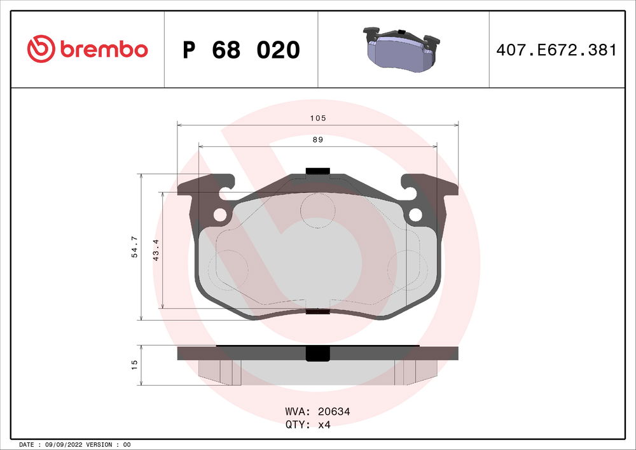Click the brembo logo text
104,49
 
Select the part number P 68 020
240,50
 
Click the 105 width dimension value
318,118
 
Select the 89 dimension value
318,140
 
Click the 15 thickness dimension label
134,365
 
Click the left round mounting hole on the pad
219,215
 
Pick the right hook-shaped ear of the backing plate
429,186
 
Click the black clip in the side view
317,354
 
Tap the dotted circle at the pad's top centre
317,209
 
